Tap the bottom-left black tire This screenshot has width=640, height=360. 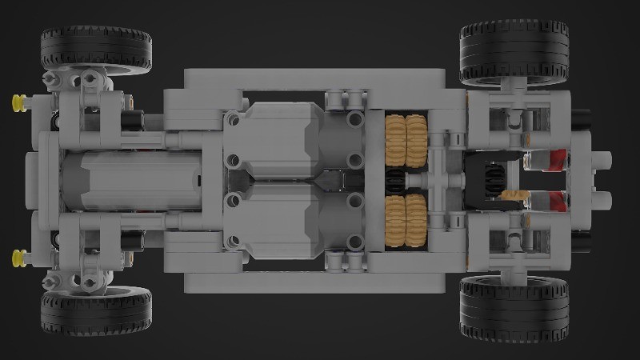click(x=96, y=312)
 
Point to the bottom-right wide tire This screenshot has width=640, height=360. click(x=514, y=308)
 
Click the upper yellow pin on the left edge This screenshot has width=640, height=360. click(x=18, y=101)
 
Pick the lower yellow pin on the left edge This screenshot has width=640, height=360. click(x=18, y=257)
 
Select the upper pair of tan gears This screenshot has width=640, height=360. click(x=407, y=138)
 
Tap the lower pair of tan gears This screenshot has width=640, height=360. click(x=407, y=220)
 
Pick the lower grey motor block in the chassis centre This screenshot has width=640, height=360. click(x=272, y=220)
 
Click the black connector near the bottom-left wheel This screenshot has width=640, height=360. click(x=132, y=238)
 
